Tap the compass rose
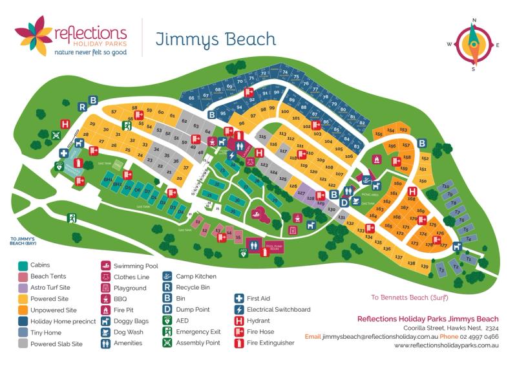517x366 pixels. pos(474,44)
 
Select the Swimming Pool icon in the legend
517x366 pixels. pos(105,266)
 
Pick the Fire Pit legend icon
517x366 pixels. pos(105,310)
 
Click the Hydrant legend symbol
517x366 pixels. pos(239,321)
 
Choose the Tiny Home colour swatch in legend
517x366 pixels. pos(23,332)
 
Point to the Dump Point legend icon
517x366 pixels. pos(167,310)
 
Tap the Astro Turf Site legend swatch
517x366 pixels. pos(23,288)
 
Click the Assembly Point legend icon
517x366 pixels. pos(167,343)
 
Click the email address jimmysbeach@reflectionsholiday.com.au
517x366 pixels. pos(370,337)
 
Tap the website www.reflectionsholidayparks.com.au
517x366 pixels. pos(446,346)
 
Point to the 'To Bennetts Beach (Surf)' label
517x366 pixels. pos(410,298)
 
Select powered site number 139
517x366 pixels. pos(425,266)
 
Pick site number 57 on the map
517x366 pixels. pos(114,112)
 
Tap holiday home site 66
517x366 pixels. pos(191,98)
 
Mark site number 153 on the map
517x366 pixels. pos(403,130)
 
